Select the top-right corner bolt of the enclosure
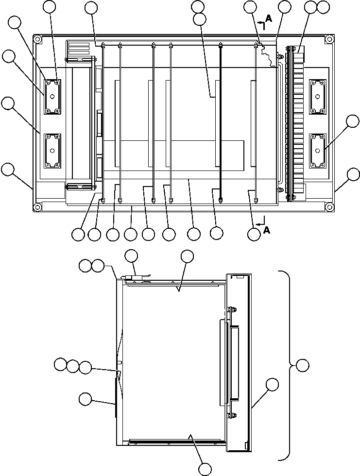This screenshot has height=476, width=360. (x=329, y=39)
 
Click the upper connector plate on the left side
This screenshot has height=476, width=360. (x=52, y=97)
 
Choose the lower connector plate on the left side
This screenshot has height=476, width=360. (x=52, y=151)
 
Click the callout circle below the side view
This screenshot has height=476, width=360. (x=206, y=469)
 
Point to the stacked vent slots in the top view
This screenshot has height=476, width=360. (x=79, y=50)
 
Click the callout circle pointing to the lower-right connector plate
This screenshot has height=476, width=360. (x=353, y=121)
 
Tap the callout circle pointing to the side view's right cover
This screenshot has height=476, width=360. (x=273, y=385)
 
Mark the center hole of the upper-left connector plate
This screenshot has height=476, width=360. (x=52, y=97)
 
